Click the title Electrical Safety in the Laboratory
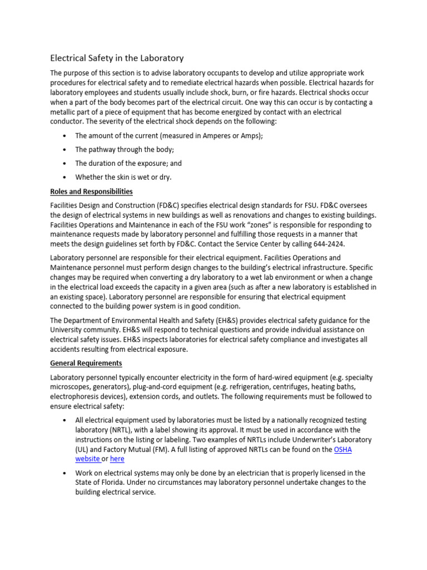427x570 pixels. [117, 58]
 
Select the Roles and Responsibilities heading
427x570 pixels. [91, 191]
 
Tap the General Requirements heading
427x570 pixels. [86, 363]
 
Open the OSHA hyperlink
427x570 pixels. [343, 450]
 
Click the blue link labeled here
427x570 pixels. [117, 459]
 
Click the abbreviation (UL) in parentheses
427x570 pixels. [82, 450]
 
